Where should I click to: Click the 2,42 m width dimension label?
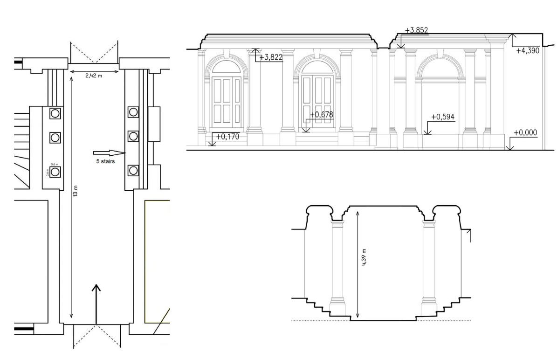(93, 76)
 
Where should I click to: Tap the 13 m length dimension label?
(75, 190)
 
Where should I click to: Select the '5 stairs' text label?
(105, 161)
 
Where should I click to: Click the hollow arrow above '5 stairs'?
(110, 153)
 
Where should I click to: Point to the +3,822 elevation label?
(271, 57)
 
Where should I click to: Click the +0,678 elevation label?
(322, 114)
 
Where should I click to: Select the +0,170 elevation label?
(227, 137)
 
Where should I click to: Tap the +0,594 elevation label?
(443, 117)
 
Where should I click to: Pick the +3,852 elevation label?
(416, 31)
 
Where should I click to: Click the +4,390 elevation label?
(528, 50)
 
